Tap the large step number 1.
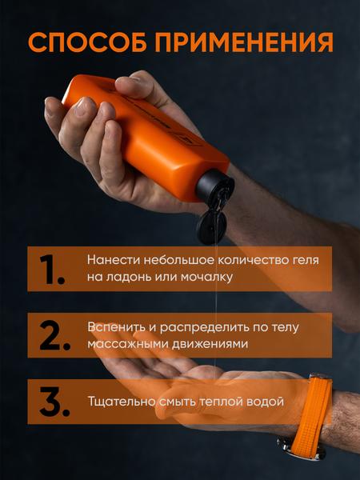[x=50, y=269]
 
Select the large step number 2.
[x=50, y=335]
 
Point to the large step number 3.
[x=50, y=402]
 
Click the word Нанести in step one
[x=110, y=260]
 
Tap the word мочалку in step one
[x=210, y=278]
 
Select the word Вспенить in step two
[x=114, y=326]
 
